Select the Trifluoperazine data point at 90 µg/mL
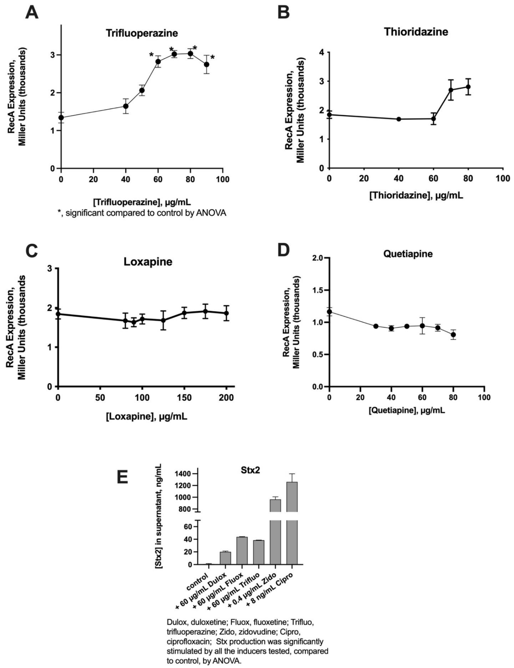point(206,64)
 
